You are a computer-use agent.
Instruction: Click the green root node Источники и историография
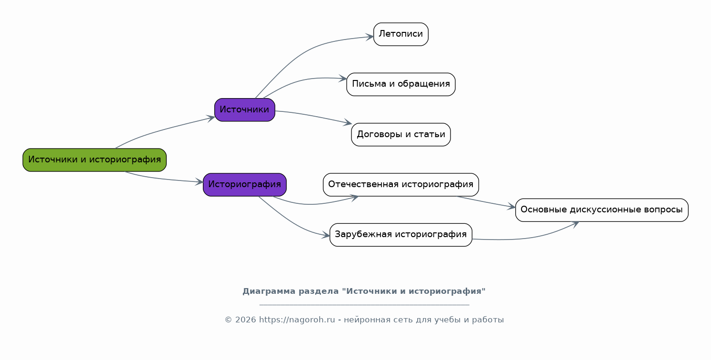[x=95, y=160]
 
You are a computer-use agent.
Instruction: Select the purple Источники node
[x=245, y=110]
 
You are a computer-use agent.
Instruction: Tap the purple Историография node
[x=245, y=184]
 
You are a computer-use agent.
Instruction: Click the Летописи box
[x=401, y=34]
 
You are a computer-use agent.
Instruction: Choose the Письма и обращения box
[x=401, y=84]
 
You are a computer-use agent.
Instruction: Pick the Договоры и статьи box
[x=401, y=134]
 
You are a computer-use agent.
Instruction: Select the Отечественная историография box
[x=401, y=184]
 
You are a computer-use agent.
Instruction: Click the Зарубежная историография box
[x=401, y=235]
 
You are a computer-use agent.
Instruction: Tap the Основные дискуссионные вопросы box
[x=602, y=210]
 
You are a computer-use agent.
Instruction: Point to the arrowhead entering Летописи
[x=370, y=37]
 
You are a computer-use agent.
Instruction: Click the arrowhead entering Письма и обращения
[x=343, y=79]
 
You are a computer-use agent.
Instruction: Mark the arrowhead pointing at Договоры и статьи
[x=348, y=122]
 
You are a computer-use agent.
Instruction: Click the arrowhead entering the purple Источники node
[x=211, y=118]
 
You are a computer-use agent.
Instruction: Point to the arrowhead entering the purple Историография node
[x=200, y=182]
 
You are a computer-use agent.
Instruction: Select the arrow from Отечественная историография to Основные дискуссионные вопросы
[x=486, y=202]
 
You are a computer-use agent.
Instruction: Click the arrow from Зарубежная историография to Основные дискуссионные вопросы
[x=527, y=237]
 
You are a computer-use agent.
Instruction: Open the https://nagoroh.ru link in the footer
[x=297, y=320]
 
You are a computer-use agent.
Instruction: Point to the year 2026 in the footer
[x=245, y=320]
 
